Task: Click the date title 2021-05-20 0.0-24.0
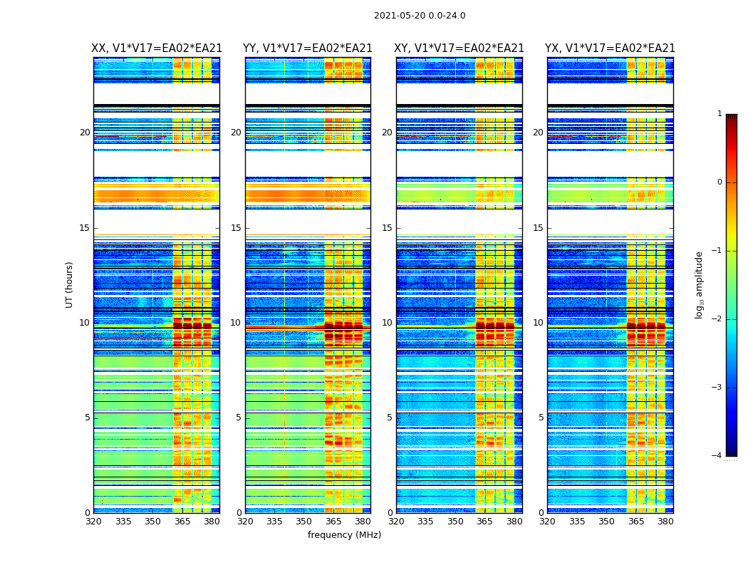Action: point(420,16)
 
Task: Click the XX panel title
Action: point(157,48)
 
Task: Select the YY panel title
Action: point(308,48)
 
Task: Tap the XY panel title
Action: point(459,48)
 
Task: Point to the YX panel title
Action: point(610,48)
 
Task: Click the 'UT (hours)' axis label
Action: point(70,284)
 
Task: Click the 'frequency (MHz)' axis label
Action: point(344,535)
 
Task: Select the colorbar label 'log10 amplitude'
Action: point(700,284)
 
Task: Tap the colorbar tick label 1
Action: point(720,114)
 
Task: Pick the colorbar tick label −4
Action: point(717,456)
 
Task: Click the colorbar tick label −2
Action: point(717,319)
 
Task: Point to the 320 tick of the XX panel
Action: point(93,522)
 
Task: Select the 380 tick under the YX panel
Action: point(665,522)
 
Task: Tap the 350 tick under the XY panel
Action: point(455,522)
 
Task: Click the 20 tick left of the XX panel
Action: point(85,133)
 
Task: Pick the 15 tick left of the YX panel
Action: point(539,228)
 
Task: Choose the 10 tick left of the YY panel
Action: point(236,323)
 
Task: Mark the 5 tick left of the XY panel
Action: point(390,418)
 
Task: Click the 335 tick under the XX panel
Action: point(123,522)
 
